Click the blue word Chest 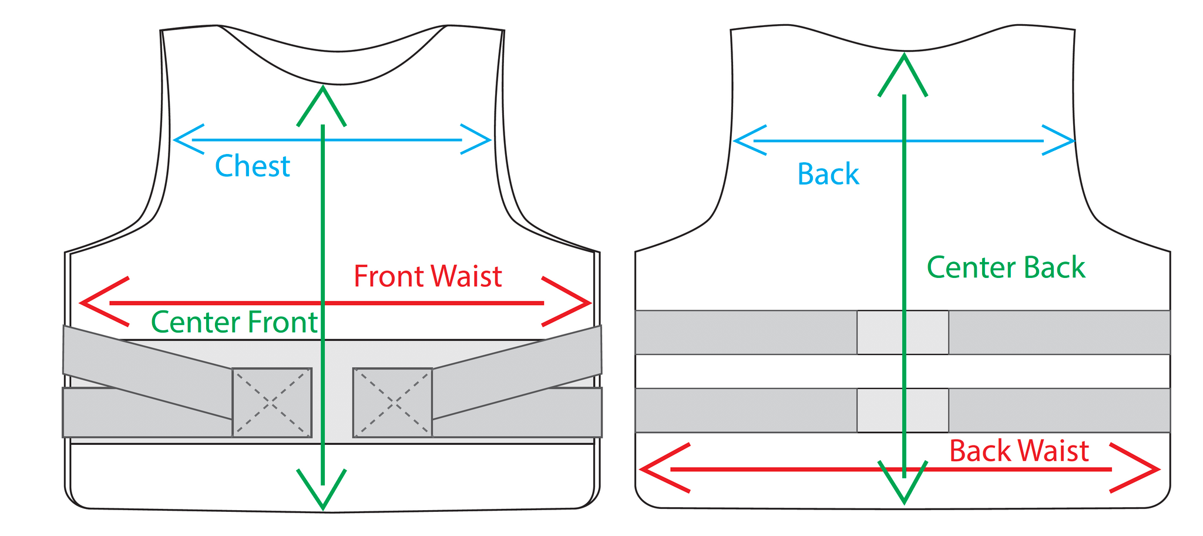coord(253,166)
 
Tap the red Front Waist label coord(428,276)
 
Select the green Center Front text coord(234,322)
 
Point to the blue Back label coord(828,174)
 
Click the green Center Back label coord(1006,267)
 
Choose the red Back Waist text coord(1019,451)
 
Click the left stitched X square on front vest coord(271,403)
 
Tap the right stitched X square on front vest coord(392,403)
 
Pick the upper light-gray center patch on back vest coord(902,332)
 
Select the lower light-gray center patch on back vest coord(902,410)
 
